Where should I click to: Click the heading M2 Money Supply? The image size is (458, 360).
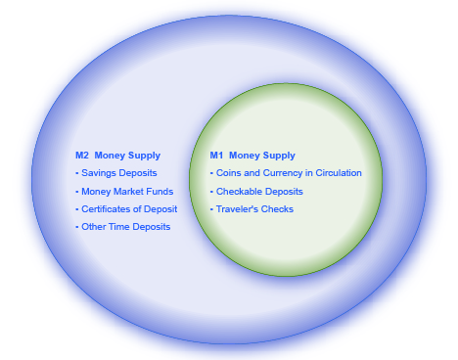(x=117, y=156)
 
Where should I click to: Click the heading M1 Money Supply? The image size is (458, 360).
(x=252, y=156)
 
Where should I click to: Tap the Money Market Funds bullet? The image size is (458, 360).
(x=126, y=192)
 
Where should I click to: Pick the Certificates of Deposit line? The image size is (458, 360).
(x=128, y=209)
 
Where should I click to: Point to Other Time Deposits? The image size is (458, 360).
(x=125, y=227)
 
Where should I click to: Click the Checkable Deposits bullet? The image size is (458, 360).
(x=259, y=192)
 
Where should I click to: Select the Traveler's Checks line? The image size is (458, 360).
(x=254, y=209)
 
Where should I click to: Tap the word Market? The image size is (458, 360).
(x=130, y=192)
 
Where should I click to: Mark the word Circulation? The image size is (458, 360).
(x=337, y=173)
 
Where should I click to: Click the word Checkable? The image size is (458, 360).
(x=238, y=192)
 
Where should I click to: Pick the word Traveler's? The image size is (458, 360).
(x=236, y=209)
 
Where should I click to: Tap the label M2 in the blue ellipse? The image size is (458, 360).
(x=82, y=156)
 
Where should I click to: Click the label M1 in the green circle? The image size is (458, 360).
(x=216, y=156)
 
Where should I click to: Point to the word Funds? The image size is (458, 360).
(x=160, y=192)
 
